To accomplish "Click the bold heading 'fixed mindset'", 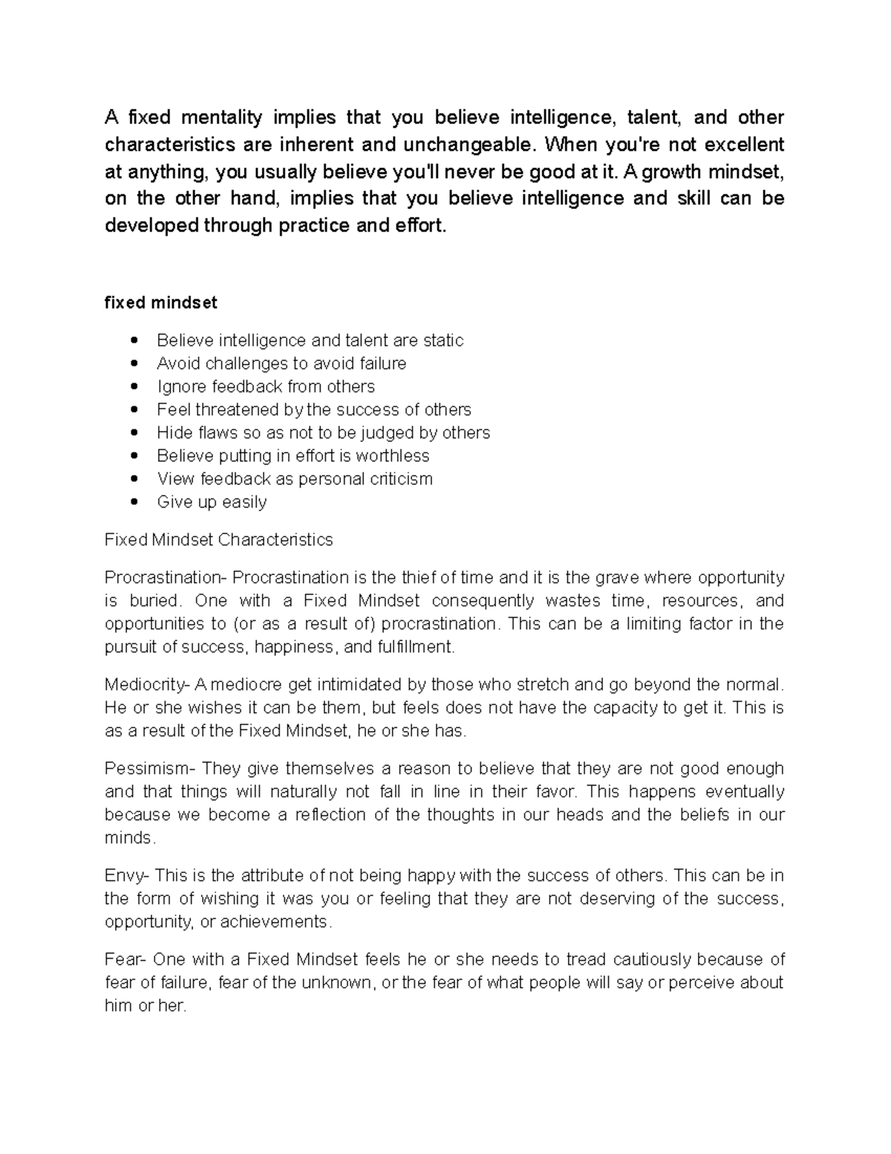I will click(x=161, y=303).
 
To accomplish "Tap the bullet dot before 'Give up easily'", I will click(x=134, y=502).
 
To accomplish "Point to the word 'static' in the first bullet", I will click(x=443, y=340).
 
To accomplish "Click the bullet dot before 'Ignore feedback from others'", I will click(x=134, y=386).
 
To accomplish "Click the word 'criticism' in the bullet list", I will click(x=400, y=479).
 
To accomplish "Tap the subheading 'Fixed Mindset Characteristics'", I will click(x=219, y=539).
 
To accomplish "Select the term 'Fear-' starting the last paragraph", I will click(x=125, y=959).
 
